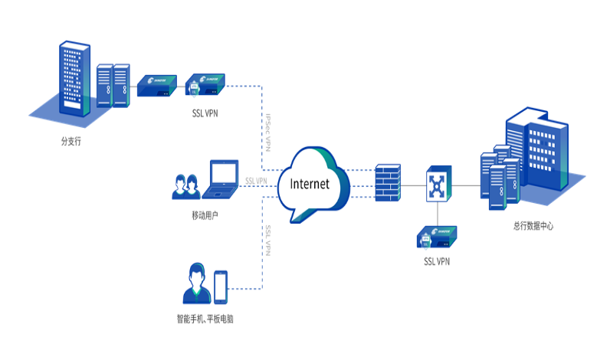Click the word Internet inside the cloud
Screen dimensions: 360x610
[x=304, y=184]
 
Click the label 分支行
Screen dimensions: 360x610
[x=71, y=142]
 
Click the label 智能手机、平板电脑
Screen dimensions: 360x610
[x=205, y=317]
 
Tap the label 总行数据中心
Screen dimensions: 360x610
[x=533, y=226]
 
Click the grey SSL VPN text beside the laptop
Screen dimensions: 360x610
[x=255, y=181]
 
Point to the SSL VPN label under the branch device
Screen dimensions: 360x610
[x=205, y=115]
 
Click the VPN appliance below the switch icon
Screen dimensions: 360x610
[x=437, y=237]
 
